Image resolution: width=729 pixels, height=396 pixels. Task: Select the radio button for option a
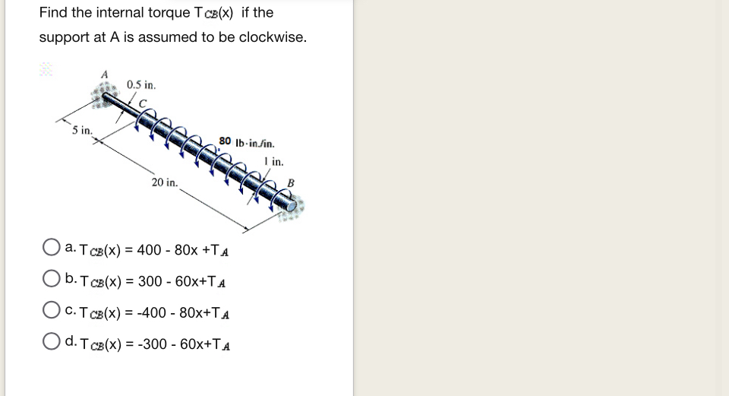tap(52, 248)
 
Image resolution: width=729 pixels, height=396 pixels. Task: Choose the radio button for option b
tap(52, 280)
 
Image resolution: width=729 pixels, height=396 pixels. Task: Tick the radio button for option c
tap(52, 312)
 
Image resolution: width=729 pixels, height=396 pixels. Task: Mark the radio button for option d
tap(52, 344)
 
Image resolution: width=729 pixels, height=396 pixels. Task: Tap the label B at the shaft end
tap(290, 182)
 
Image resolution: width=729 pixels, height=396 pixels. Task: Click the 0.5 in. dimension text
tap(140, 84)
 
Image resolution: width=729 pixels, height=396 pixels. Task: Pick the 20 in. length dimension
tap(164, 182)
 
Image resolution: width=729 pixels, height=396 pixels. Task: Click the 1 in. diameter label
tap(274, 161)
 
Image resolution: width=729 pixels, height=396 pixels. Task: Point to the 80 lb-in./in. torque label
tap(247, 141)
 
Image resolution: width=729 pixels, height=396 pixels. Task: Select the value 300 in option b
tap(150, 281)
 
